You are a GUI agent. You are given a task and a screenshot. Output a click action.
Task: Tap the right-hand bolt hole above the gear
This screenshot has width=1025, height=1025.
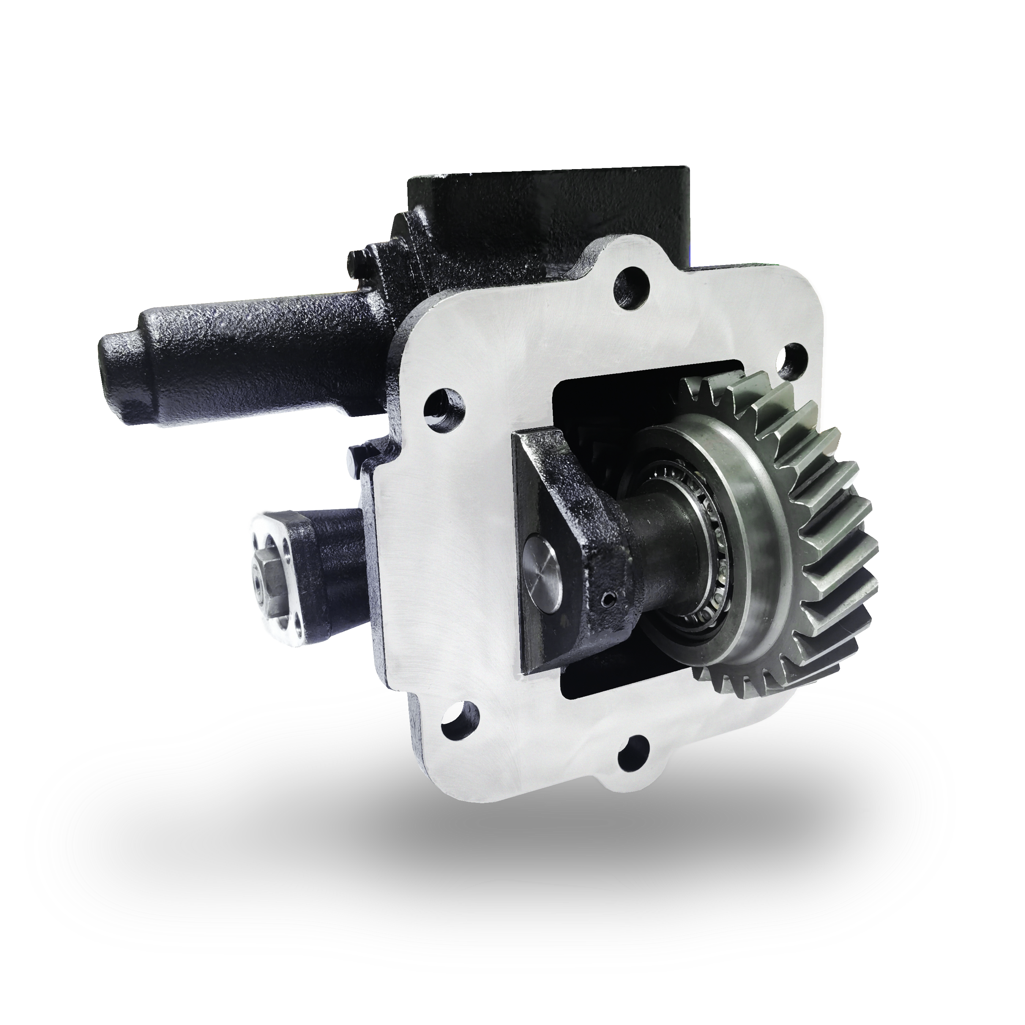click(x=793, y=357)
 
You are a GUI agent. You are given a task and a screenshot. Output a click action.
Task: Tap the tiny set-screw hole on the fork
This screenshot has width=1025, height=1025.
click(x=608, y=600)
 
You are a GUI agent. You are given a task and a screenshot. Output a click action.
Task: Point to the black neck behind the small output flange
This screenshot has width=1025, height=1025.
click(x=340, y=573)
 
